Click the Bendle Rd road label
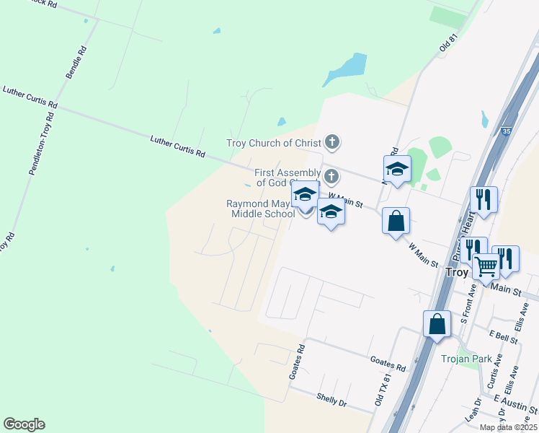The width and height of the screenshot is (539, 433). tap(76, 63)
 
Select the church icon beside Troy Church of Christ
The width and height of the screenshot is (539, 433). tap(331, 141)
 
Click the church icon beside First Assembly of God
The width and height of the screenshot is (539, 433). tap(331, 176)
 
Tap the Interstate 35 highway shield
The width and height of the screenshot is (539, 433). tap(506, 131)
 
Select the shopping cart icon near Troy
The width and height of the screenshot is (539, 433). tap(486, 266)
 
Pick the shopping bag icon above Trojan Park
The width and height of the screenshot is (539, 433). tap(437, 324)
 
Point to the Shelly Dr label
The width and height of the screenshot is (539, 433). tap(332, 400)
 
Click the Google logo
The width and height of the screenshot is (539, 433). tap(24, 424)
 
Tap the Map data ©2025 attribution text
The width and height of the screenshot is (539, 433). tap(507, 427)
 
